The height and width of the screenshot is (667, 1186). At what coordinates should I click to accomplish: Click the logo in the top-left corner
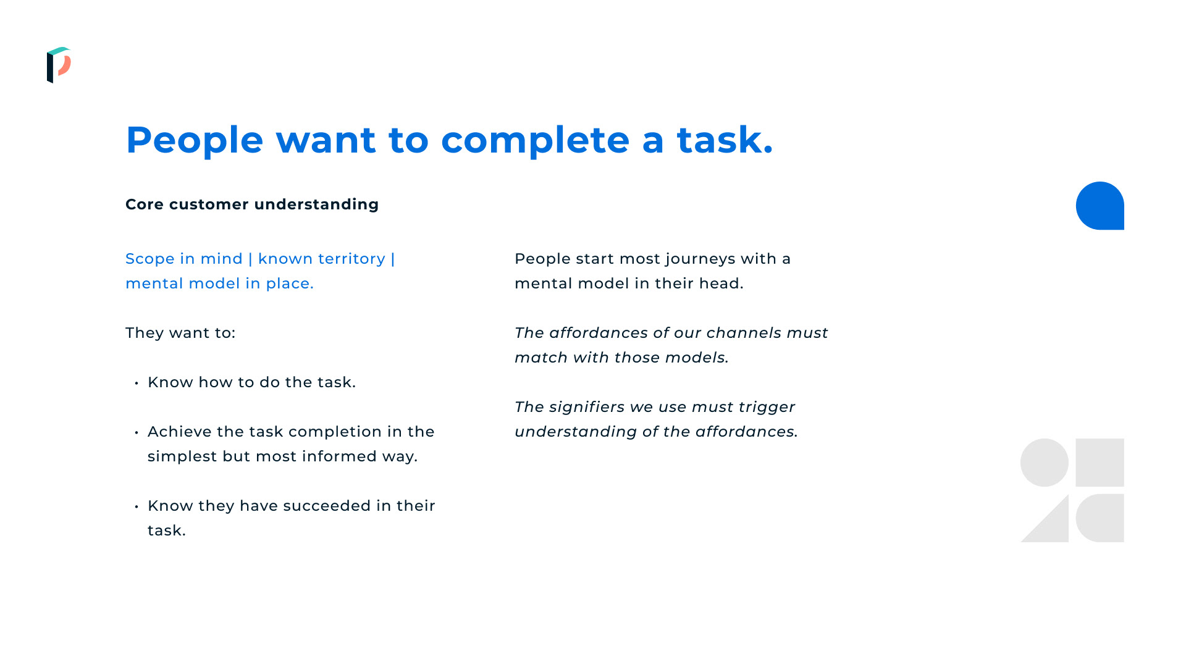(59, 65)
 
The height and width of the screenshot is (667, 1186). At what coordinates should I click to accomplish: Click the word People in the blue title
(195, 140)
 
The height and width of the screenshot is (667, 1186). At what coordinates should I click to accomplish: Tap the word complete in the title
(535, 140)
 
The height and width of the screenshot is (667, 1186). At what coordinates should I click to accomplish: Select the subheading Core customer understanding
(252, 204)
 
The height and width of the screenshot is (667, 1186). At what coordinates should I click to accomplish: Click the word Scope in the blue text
(150, 259)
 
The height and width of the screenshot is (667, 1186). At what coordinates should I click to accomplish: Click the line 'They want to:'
(180, 333)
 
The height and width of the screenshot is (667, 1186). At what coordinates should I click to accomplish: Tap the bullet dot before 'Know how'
(137, 384)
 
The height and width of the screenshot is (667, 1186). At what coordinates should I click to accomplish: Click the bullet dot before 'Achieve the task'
(137, 433)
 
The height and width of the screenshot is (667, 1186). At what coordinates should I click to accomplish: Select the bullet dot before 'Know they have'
(137, 507)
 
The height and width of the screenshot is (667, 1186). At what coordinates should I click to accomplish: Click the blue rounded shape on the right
(1100, 206)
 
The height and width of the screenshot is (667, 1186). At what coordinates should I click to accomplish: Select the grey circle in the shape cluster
(1045, 463)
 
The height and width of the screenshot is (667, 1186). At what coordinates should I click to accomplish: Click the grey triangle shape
(1053, 527)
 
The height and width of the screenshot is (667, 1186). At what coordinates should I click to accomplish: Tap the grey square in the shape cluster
(1100, 463)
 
